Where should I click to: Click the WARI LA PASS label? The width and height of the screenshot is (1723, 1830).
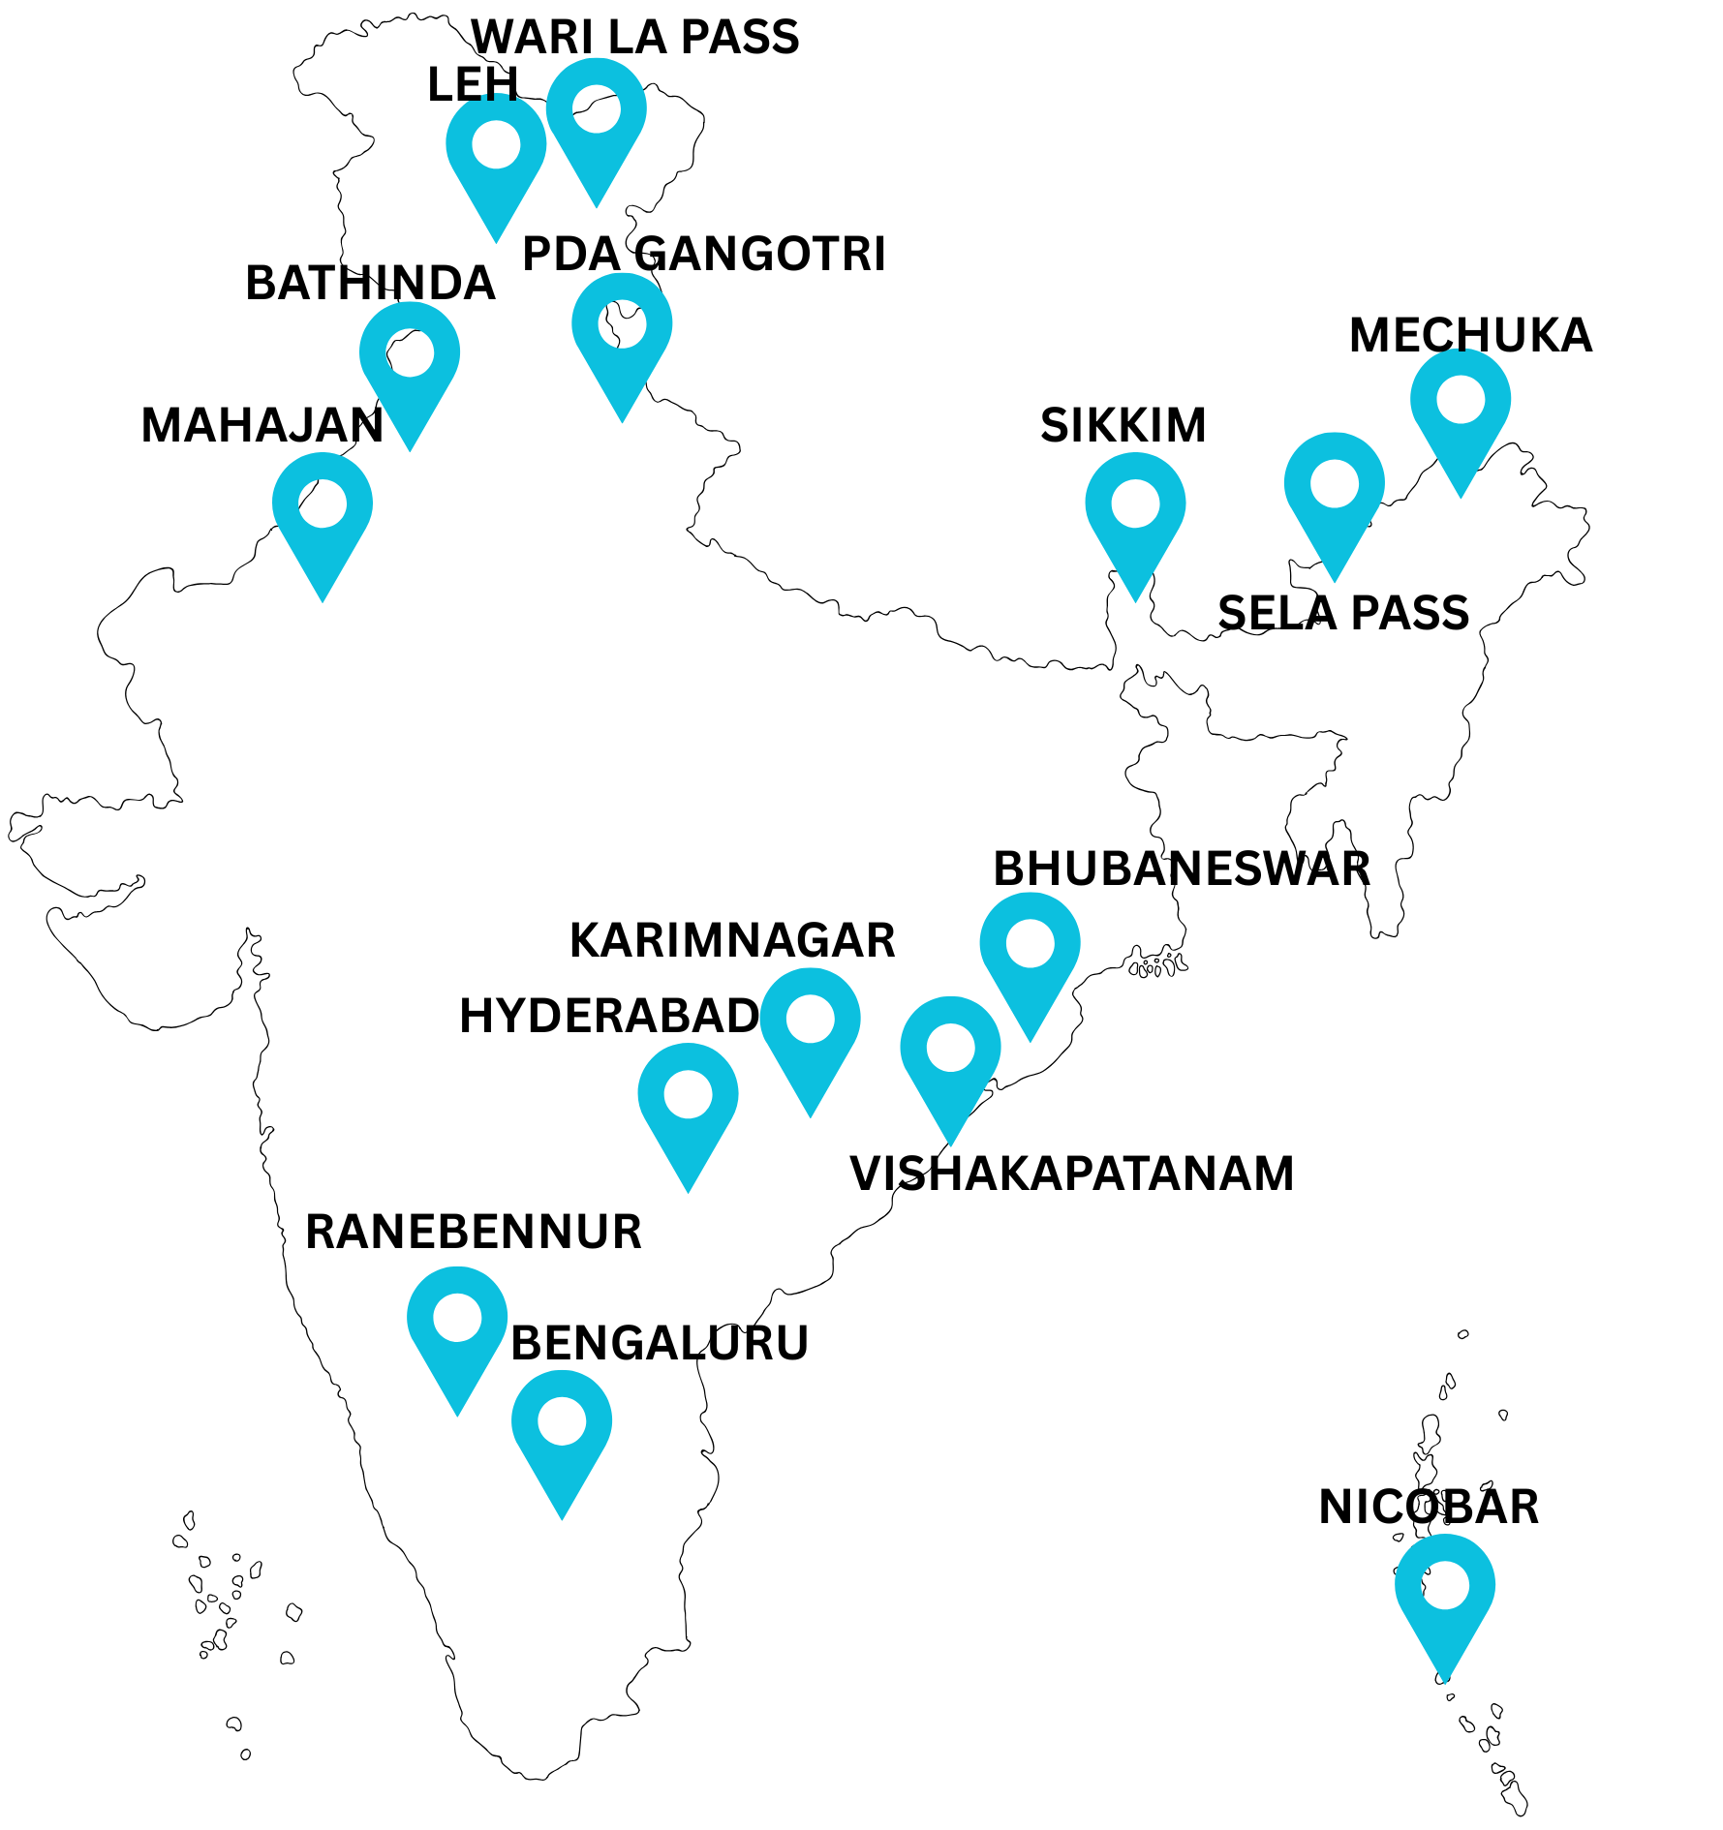coord(635,37)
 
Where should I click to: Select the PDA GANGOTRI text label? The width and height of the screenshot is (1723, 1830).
coord(704,255)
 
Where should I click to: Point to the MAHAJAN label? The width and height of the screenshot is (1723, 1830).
coord(262,426)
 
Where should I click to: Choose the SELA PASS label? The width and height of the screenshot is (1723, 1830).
coord(1343,613)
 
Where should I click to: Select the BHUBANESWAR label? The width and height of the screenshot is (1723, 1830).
coord(1182,869)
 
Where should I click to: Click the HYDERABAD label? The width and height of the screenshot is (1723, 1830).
coord(609,1016)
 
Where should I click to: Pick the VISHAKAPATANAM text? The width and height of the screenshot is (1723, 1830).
coord(1071,1174)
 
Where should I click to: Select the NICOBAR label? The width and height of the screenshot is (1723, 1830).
coord(1429,1508)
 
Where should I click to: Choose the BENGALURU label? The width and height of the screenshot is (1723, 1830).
coord(660,1343)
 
